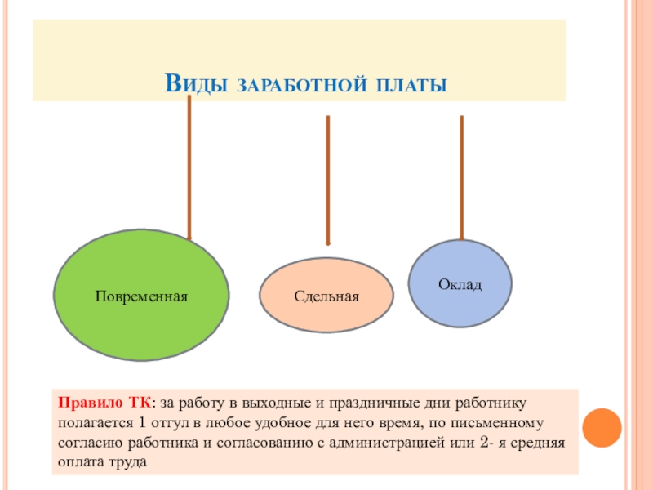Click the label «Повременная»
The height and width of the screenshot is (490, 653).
[140, 295]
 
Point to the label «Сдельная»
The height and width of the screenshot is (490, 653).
[326, 296]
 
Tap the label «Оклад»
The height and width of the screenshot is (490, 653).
[460, 284]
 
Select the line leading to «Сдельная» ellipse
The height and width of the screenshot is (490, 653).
[328, 180]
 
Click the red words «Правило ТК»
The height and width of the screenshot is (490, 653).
[103, 403]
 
